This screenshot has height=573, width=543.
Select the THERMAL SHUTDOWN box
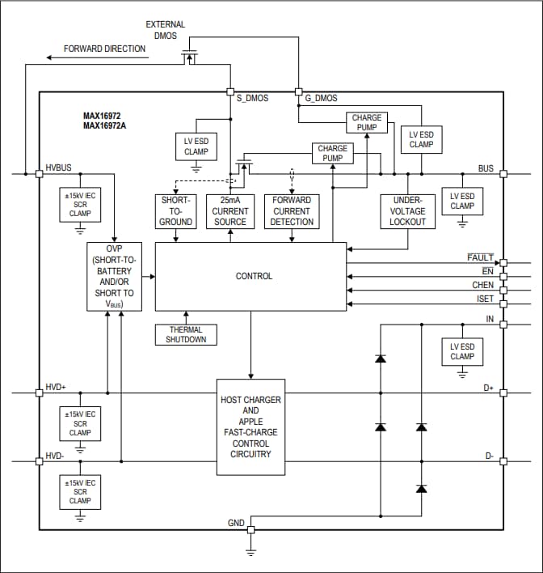click(186, 334)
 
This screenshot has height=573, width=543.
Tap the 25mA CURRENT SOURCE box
click(229, 210)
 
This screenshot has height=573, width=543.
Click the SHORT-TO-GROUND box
click(175, 210)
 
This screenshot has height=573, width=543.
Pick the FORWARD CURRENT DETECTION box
click(292, 210)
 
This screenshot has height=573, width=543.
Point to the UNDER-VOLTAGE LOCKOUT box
click(407, 210)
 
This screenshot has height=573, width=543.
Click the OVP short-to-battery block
click(113, 276)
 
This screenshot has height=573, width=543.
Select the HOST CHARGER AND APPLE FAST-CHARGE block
click(250, 427)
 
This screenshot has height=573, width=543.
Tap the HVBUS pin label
click(58, 168)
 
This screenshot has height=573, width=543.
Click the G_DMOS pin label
click(322, 99)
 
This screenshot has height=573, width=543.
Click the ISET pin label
click(484, 299)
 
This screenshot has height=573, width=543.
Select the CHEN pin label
click(482, 286)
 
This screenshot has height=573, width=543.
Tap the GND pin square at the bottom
click(250, 529)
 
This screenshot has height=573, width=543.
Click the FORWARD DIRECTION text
click(105, 49)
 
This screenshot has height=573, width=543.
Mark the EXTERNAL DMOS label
click(165, 30)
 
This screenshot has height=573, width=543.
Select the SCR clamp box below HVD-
click(80, 491)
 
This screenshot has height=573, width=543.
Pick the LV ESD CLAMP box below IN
click(462, 351)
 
